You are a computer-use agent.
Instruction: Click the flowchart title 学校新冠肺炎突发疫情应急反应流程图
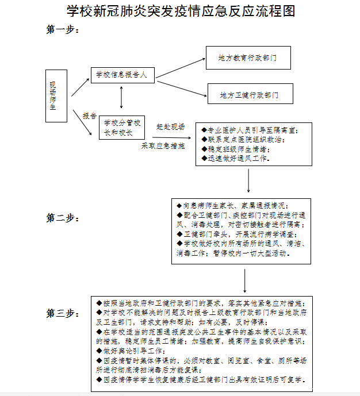(180, 11)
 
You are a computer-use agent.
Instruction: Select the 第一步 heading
(62, 30)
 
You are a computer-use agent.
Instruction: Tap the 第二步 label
(62, 218)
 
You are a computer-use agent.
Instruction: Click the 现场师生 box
(53, 96)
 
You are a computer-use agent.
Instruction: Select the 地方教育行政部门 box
(248, 58)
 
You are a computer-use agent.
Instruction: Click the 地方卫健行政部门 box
(250, 94)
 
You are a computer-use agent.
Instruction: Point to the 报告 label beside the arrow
(89, 116)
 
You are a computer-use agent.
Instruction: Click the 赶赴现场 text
(171, 126)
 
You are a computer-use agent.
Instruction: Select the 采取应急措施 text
(163, 146)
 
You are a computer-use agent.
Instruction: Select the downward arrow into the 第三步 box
(246, 280)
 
